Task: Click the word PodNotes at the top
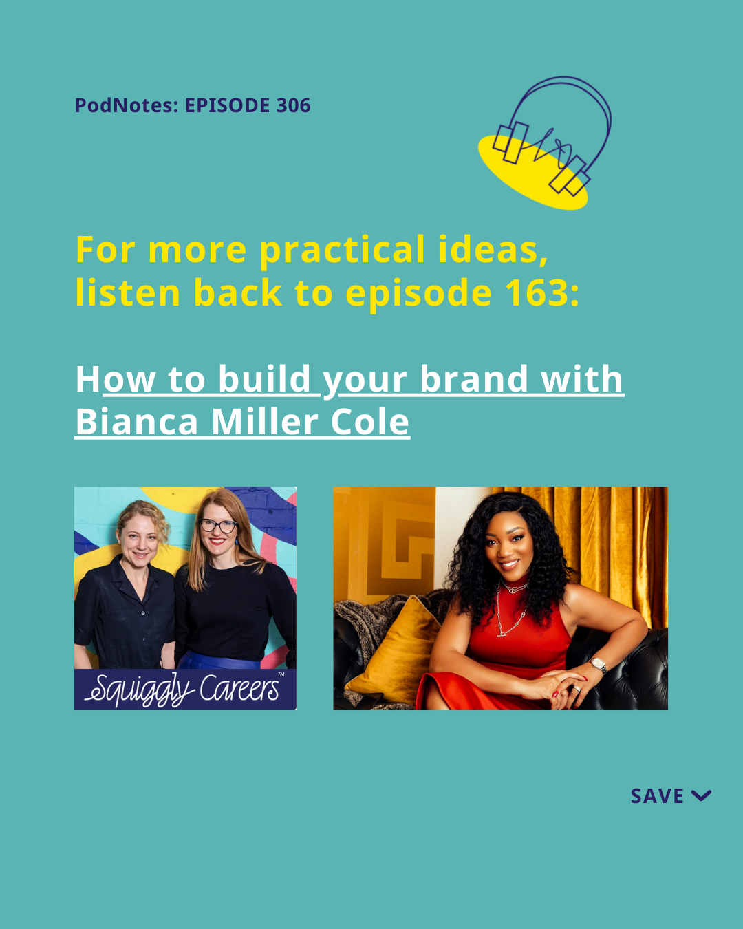(x=127, y=105)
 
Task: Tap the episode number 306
(x=293, y=105)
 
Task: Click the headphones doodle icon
(x=546, y=142)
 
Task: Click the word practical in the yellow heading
(x=343, y=250)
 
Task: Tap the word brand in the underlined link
(x=473, y=379)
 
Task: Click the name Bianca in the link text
(x=136, y=422)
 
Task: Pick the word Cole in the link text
(x=369, y=422)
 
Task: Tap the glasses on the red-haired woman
(x=219, y=526)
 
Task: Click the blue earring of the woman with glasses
(x=236, y=540)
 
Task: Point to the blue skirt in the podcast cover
(x=219, y=661)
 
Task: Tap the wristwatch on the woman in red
(x=599, y=664)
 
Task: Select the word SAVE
(x=657, y=796)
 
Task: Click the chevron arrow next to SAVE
(x=701, y=795)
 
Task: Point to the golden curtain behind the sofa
(x=613, y=548)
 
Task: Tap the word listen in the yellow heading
(x=128, y=292)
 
